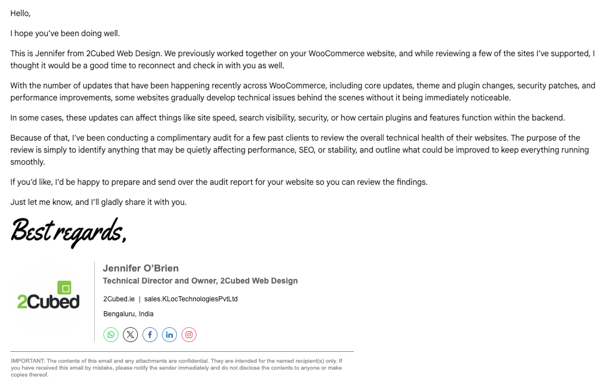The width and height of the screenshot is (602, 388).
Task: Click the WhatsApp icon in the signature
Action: point(111,335)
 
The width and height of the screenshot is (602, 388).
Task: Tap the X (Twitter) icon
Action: point(130,335)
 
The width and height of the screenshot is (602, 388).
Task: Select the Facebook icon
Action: point(150,335)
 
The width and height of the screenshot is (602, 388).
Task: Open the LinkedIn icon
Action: point(169,335)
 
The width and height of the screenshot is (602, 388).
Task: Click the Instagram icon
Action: point(189,335)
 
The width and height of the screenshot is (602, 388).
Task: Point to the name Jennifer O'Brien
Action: point(141,268)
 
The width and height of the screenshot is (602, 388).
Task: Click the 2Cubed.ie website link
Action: point(119,299)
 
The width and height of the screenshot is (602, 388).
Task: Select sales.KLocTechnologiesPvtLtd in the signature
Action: point(191,299)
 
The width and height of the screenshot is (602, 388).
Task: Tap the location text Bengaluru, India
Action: point(128,314)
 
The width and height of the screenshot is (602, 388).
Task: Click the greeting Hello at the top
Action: point(20,13)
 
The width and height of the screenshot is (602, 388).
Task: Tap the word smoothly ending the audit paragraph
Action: point(27,162)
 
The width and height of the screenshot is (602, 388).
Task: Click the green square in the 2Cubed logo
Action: point(65,288)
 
